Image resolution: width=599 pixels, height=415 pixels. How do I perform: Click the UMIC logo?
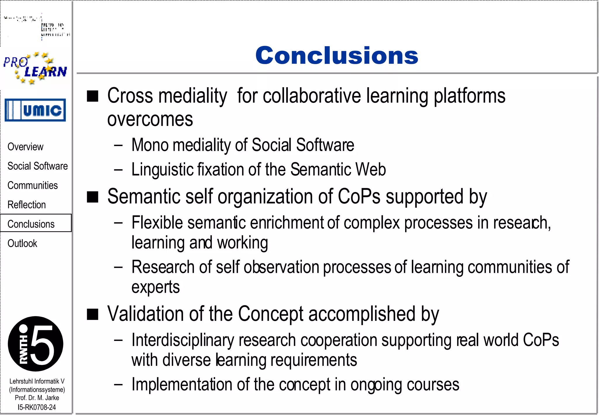[35, 110]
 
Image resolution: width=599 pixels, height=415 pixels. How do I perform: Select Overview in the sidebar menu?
[25, 147]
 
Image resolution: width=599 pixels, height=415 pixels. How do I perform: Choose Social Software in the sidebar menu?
[37, 166]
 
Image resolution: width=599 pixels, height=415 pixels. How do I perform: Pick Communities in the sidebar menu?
[32, 185]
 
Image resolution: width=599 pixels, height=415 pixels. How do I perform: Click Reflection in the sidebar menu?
[27, 205]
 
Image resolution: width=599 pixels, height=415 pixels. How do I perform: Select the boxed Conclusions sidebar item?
[31, 224]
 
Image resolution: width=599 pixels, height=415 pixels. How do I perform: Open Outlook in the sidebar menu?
[22, 243]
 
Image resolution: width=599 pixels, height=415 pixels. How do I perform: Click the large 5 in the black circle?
[42, 344]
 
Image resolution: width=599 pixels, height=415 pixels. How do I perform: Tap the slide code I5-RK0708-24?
[37, 407]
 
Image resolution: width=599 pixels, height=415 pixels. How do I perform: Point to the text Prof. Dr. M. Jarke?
[37, 398]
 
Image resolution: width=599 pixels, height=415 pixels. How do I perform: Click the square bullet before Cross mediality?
[93, 96]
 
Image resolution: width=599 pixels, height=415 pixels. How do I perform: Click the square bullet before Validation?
[93, 314]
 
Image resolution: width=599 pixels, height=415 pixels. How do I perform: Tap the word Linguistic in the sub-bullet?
[162, 169]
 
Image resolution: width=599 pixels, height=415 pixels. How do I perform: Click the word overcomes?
[150, 119]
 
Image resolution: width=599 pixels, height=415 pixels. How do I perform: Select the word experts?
[155, 287]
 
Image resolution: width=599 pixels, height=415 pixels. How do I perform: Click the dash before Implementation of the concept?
[118, 384]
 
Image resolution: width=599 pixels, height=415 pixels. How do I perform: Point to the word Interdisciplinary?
[183, 340]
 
